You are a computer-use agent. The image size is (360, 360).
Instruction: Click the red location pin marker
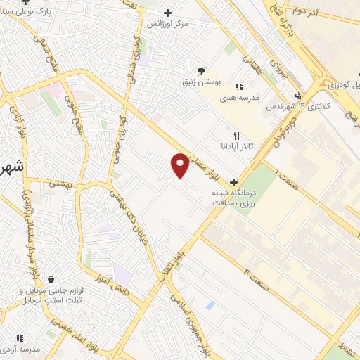[180, 165]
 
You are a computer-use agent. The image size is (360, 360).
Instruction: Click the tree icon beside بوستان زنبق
[202, 71]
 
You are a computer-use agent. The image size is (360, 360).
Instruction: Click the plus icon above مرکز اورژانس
[167, 13]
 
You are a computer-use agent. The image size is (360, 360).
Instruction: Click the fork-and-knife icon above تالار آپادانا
[236, 136]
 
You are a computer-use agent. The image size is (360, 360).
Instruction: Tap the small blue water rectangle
[210, 305]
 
